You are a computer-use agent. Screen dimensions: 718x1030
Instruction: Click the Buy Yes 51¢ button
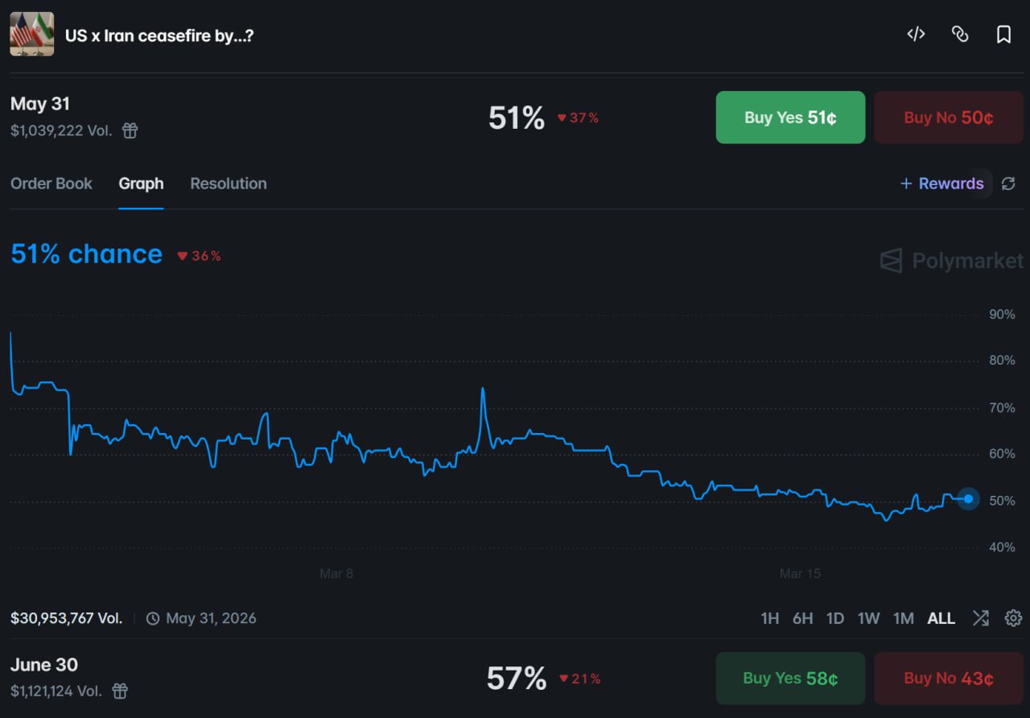pos(790,118)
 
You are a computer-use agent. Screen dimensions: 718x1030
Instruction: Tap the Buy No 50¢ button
pos(948,118)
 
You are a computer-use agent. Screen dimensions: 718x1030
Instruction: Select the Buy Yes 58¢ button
pos(790,679)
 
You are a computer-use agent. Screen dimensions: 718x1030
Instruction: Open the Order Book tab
pos(51,184)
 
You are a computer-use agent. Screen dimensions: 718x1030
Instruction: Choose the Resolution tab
pos(229,184)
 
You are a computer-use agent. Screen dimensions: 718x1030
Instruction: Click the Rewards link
pos(941,184)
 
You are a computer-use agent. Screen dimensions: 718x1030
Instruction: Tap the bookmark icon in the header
pos(1003,34)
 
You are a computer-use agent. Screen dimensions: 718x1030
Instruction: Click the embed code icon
pos(916,34)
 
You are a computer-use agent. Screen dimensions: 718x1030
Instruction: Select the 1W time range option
pos(868,618)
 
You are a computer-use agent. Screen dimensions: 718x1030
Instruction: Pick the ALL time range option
pos(941,618)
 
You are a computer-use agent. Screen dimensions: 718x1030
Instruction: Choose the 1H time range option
pos(770,618)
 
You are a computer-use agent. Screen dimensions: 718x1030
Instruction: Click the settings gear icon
pos(1013,618)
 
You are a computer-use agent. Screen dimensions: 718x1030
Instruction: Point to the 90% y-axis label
pos(1002,314)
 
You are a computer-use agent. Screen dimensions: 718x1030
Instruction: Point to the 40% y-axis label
pos(1002,547)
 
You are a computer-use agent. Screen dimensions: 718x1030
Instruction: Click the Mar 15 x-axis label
pos(800,574)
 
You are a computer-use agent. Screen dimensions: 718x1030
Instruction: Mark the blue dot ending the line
pos(968,499)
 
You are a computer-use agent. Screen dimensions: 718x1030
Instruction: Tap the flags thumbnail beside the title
pos(32,34)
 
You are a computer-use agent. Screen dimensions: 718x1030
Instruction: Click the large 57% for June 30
pos(516,679)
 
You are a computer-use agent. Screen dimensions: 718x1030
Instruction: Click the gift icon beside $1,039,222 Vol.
pos(130,130)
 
